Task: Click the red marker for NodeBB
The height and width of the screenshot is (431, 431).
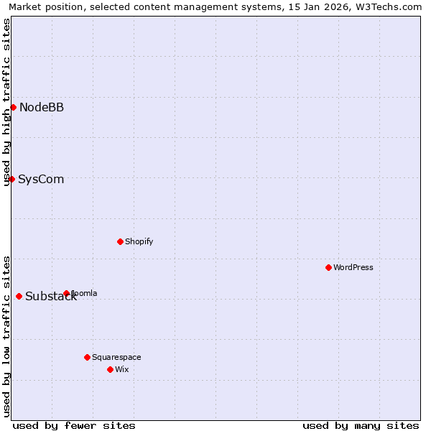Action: pos(13,107)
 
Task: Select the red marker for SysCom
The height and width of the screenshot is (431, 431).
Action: pos(11,179)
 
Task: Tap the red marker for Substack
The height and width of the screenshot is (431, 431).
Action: pos(19,296)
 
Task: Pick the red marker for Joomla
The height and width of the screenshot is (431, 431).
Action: pos(66,293)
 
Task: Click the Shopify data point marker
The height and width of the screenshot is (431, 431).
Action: pos(120,241)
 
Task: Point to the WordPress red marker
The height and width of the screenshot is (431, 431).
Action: pos(328,267)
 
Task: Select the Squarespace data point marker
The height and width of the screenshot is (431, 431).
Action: pos(87,357)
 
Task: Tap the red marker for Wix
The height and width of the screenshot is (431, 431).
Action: pos(110,369)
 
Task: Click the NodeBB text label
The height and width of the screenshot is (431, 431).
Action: pos(42,108)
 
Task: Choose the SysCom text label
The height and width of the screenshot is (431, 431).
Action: pos(41,180)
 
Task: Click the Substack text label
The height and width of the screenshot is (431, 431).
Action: pos(50,297)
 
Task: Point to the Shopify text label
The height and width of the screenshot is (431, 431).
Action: pos(139,242)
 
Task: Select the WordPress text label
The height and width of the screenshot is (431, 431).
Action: pos(353,268)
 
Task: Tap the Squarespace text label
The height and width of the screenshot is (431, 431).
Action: pos(116,358)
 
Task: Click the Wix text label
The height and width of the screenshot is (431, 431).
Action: pos(121,370)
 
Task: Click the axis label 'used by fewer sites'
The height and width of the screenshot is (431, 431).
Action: pos(74,425)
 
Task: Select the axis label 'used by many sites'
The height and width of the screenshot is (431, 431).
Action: pos(361,425)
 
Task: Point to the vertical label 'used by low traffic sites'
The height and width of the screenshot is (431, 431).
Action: pos(6,335)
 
